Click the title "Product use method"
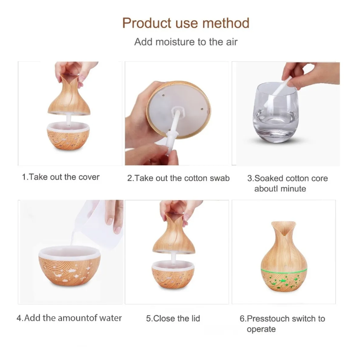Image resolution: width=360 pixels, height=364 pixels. coord(186,23)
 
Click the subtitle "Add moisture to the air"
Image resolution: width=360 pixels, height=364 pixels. coord(186,42)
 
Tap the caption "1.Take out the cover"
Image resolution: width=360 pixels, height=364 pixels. coord(61,177)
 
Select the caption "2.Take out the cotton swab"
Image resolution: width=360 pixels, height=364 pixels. coord(178,178)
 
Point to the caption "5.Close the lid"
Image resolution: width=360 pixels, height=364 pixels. coord(173,318)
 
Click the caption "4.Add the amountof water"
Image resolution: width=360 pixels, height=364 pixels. coord(69,318)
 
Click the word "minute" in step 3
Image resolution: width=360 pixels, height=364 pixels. coord(293,189)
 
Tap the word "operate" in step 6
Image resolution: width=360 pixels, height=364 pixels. coord(261,329)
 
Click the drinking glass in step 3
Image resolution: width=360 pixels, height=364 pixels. coord(276,112)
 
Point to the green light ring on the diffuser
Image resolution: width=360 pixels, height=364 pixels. coord(284,271)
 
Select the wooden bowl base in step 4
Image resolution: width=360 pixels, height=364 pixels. coord(69,266)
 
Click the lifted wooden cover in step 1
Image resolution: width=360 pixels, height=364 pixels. coord(69,95)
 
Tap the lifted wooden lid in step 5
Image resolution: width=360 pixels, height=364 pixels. coord(174,234)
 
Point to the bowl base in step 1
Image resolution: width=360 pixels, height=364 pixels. coord(68,136)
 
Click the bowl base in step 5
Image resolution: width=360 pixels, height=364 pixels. coord(173,275)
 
